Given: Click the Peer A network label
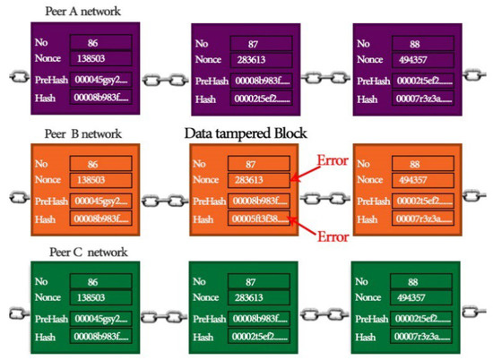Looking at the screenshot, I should coord(82,10).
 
